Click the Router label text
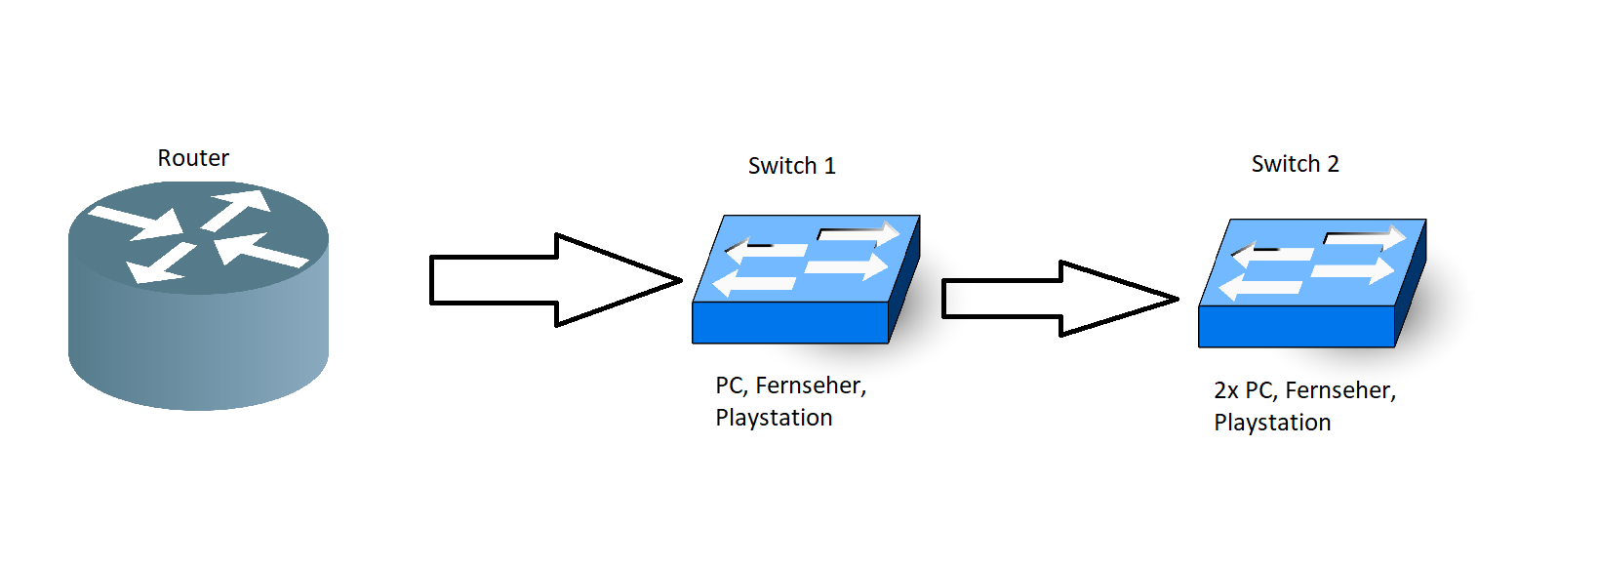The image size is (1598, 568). (193, 158)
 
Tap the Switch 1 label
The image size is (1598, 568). (791, 166)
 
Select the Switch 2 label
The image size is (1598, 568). (1295, 164)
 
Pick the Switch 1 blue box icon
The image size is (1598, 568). (805, 278)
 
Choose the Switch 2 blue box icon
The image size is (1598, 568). (1311, 282)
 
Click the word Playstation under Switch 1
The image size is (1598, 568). (774, 418)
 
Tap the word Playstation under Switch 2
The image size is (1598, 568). (1272, 423)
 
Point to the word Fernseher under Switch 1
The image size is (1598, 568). (810, 385)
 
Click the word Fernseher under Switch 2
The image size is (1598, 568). (1339, 390)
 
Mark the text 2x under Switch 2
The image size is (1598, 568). (1226, 390)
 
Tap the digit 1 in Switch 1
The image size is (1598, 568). (830, 166)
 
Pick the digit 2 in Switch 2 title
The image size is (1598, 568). (1333, 164)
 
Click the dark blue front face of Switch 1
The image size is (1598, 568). (789, 323)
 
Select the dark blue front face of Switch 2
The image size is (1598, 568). (1296, 327)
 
